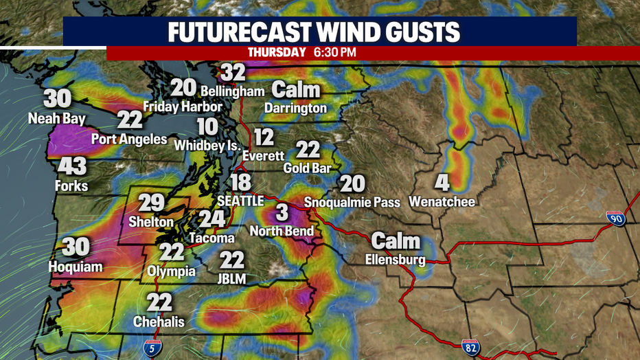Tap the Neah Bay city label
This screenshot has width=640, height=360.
tap(57, 119)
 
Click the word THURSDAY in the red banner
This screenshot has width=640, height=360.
tap(276, 52)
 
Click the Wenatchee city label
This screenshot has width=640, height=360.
tap(442, 202)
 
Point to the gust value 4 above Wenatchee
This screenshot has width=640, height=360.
tap(442, 183)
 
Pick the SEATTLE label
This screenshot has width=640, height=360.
tap(240, 201)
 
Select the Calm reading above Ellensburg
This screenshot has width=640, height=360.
tap(396, 241)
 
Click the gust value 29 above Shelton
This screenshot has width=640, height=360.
tap(151, 203)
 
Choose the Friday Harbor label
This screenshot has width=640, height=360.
tap(183, 106)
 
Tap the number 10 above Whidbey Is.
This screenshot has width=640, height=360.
tap(207, 127)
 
